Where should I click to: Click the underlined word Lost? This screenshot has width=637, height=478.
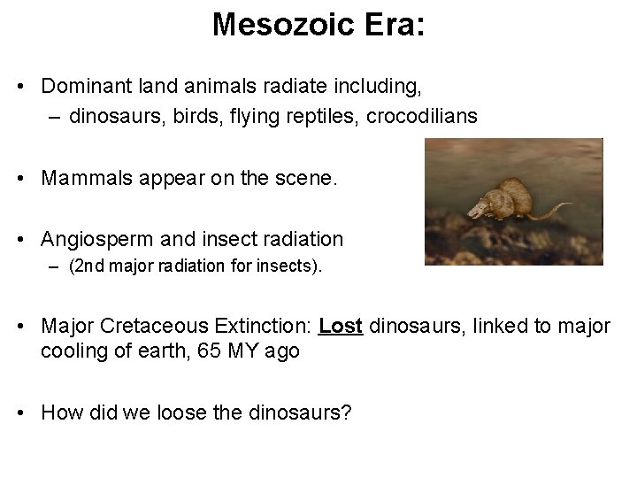(341, 326)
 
